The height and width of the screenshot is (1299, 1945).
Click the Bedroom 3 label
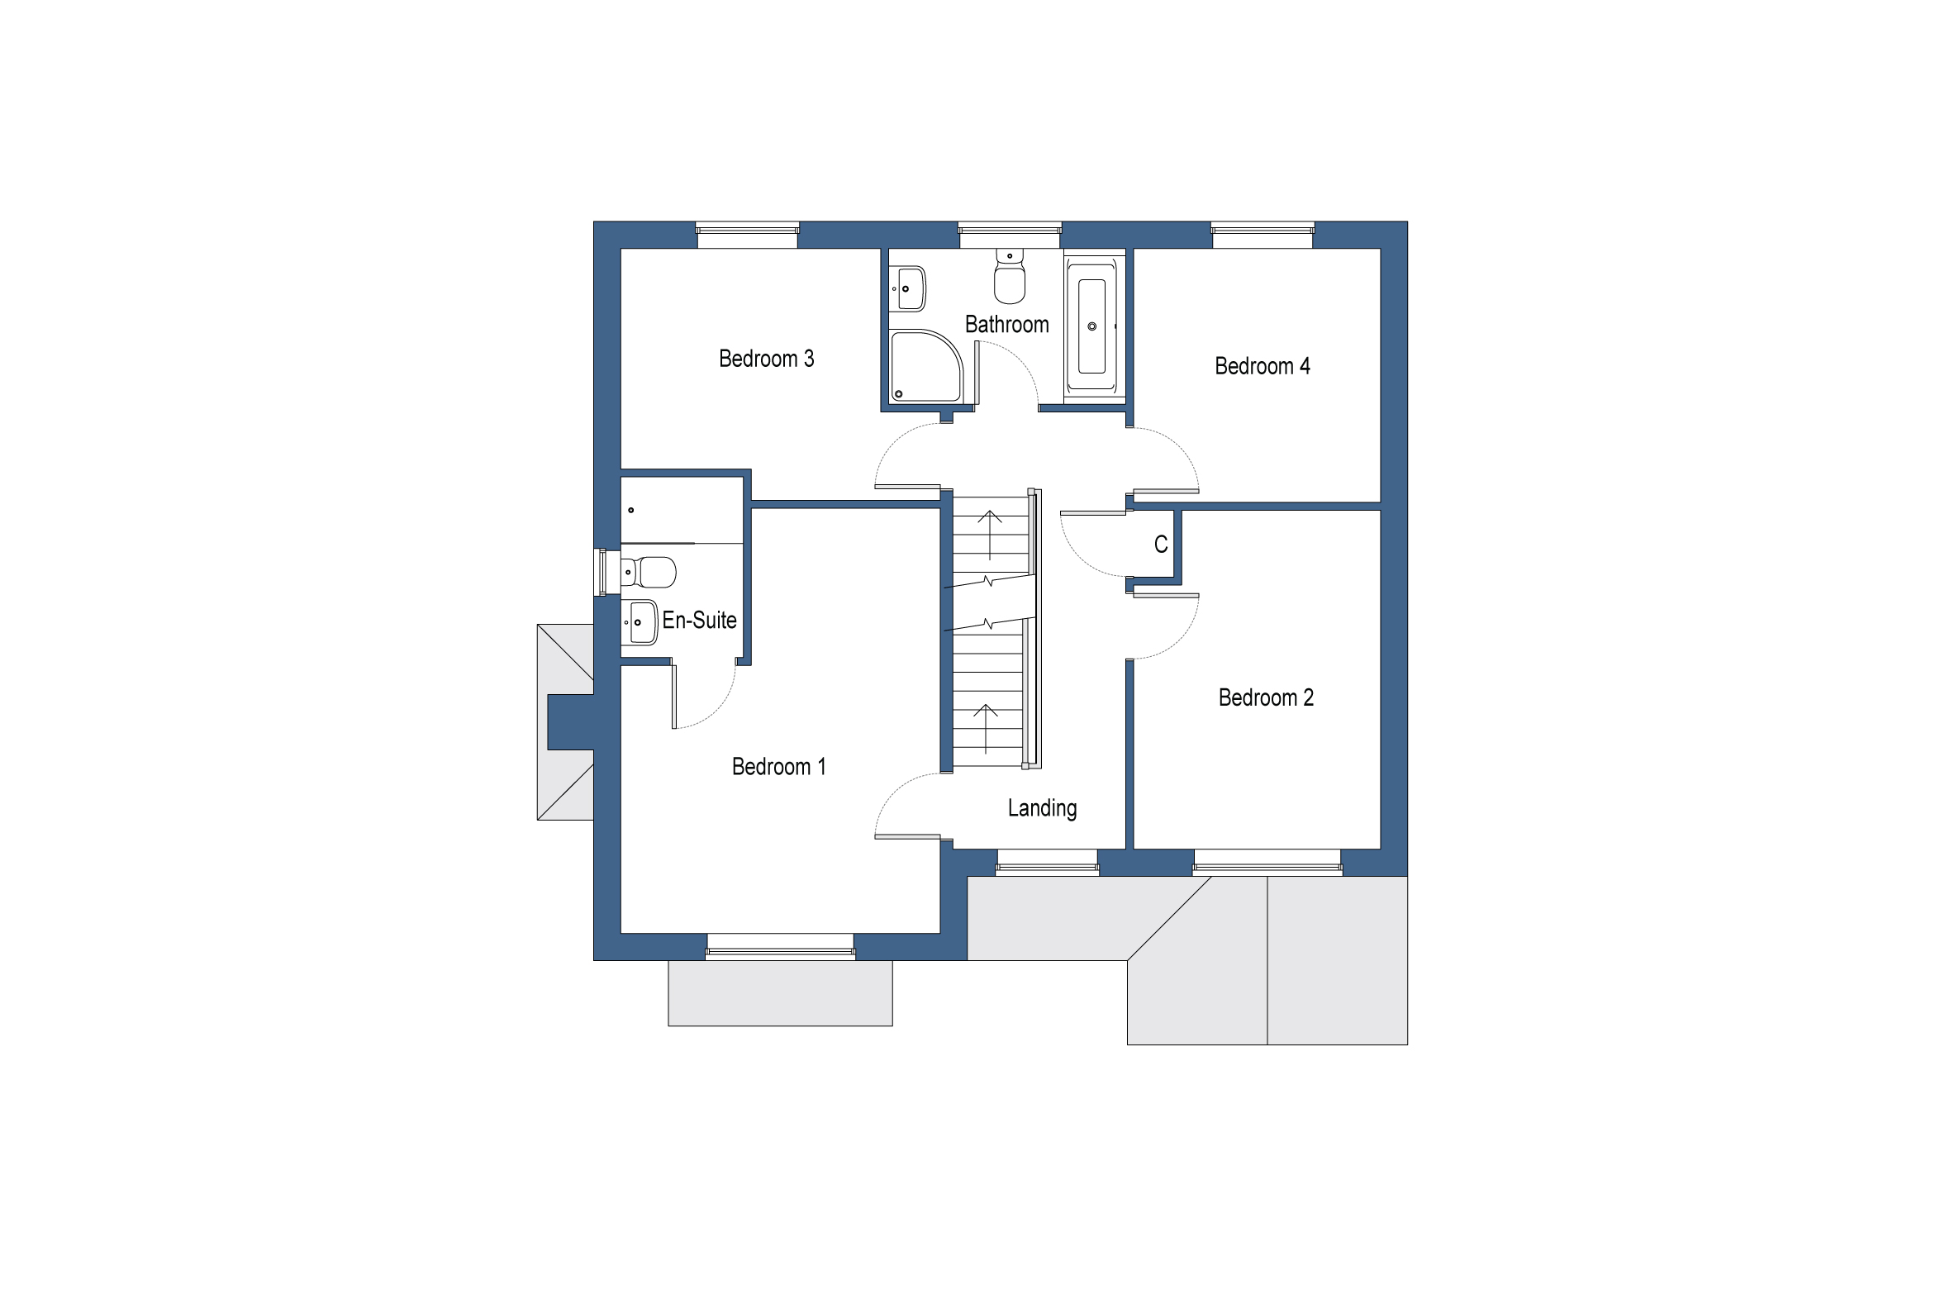click(766, 359)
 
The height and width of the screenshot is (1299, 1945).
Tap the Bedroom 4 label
click(1262, 366)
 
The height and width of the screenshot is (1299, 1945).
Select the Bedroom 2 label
click(1266, 697)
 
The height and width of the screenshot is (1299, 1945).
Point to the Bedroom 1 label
click(778, 766)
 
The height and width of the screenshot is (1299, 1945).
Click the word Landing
click(1042, 807)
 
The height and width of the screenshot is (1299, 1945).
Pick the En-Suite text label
click(699, 620)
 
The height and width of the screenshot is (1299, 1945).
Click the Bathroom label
click(1006, 324)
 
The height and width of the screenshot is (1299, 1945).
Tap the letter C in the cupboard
click(1161, 545)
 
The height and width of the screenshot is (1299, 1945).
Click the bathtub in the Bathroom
click(1091, 326)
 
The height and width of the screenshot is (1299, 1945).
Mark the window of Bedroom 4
click(1263, 235)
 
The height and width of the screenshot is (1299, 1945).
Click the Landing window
click(1047, 863)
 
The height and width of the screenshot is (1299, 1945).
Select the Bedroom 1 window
click(779, 947)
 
